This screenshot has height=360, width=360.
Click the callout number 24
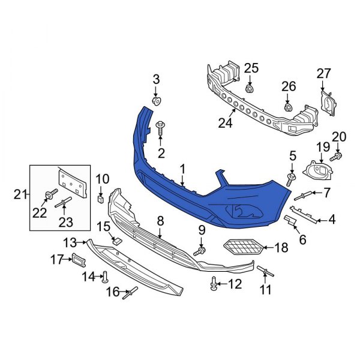point(225,124)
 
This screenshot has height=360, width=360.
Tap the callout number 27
point(323,74)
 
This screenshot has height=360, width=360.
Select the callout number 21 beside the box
point(20,194)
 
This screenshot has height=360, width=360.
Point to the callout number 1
point(182,169)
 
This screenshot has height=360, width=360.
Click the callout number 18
point(281,247)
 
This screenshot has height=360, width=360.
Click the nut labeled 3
point(157,101)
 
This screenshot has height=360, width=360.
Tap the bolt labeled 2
point(161,127)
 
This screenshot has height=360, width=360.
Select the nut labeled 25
point(250,88)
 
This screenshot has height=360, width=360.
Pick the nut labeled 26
point(288,108)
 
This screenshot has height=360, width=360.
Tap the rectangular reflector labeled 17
point(79,259)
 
